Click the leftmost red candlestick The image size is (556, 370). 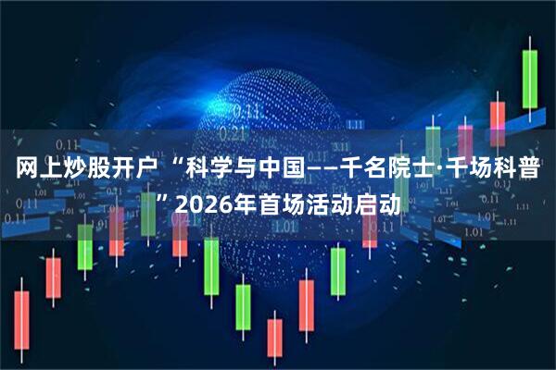pos(20,319)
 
